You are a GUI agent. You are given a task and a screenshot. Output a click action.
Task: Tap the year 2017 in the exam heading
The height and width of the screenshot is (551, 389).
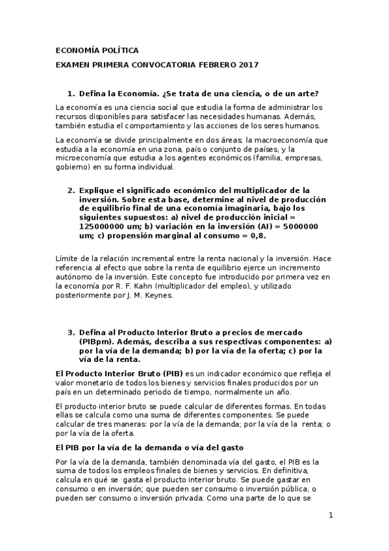pyautogui.click(x=247, y=65)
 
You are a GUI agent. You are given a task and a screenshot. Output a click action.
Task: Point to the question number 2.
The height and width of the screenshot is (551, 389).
pyautogui.click(x=71, y=190)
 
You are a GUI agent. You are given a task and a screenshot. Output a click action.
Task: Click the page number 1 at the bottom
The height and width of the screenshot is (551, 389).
pyautogui.click(x=331, y=516)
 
